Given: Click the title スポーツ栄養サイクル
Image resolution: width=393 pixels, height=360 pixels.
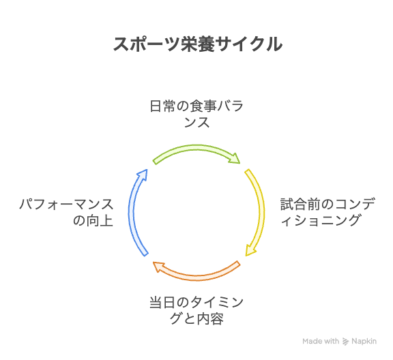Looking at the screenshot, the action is coord(198,44).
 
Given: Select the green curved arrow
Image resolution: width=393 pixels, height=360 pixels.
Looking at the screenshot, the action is coord(196,148).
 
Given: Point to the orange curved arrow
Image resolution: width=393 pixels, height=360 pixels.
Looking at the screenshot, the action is coord(196,277).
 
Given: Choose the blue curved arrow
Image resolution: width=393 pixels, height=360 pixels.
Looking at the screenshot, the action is coord(132,213).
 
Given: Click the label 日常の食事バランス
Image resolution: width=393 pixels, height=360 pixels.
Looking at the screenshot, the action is coord(196,114).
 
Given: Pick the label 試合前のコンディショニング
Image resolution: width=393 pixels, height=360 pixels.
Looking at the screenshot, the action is coord(327,212).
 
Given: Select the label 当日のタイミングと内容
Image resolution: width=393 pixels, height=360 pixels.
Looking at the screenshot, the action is coord(196,310).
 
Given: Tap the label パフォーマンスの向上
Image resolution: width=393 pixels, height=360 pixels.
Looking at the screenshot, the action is coord(66,212).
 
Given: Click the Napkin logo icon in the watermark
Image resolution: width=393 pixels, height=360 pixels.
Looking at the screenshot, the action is coord(345,342).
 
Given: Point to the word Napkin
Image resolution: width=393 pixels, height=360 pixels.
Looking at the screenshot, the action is coord(364,341).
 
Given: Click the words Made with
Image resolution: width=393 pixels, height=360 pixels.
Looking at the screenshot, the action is coord(321,341).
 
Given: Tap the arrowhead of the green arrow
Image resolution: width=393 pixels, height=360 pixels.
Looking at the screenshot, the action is coord(234,158).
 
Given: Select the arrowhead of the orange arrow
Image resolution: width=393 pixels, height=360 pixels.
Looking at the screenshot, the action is coord(159,267).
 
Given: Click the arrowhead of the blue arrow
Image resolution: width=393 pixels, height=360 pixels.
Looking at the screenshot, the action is coord(143,175).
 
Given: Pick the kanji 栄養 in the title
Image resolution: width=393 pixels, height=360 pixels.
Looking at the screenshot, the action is coord(198,44).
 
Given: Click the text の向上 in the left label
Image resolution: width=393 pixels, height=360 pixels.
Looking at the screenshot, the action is coord(93,221).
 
